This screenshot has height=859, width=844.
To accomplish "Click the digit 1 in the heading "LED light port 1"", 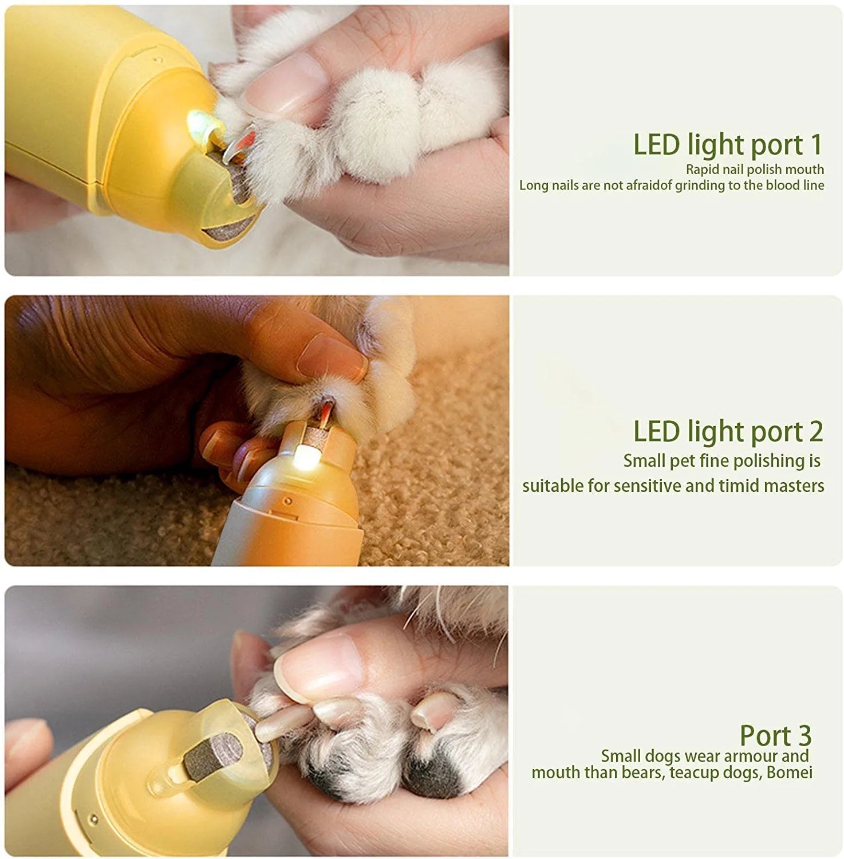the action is point(815,144).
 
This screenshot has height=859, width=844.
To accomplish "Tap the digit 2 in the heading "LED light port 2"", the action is point(815,431).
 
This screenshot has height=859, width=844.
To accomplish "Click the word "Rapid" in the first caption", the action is point(701,170).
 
